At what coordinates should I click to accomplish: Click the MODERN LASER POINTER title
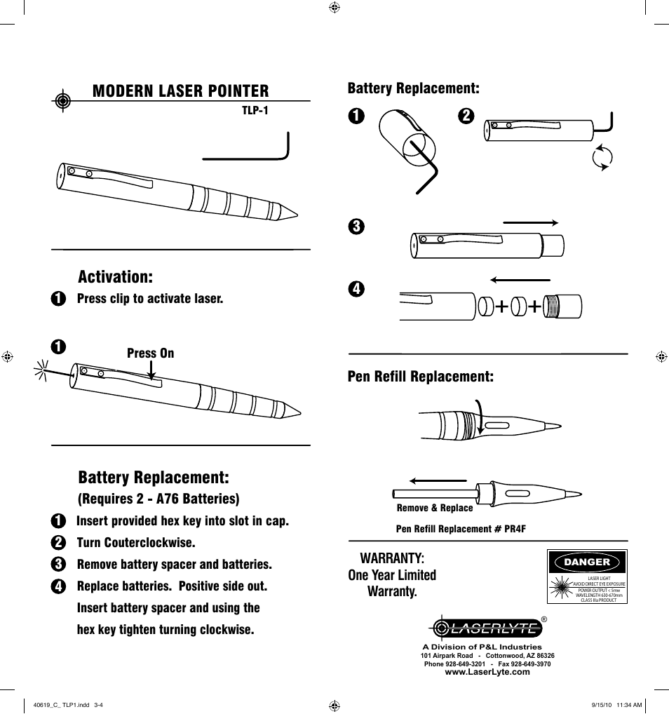point(180,90)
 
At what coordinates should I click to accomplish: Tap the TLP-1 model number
point(255,110)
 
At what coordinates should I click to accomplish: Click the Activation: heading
point(115,276)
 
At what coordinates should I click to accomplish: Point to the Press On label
point(150,353)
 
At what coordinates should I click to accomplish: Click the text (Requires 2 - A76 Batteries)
point(158,499)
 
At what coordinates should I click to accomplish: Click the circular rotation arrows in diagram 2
point(601,158)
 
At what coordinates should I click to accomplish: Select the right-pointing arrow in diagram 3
point(530,222)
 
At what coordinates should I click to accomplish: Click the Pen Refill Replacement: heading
point(420,377)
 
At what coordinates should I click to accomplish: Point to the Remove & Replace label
point(435,508)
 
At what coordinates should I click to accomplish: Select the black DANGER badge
point(587,562)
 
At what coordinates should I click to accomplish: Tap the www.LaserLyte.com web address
point(487,672)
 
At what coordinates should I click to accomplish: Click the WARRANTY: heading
point(392,558)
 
